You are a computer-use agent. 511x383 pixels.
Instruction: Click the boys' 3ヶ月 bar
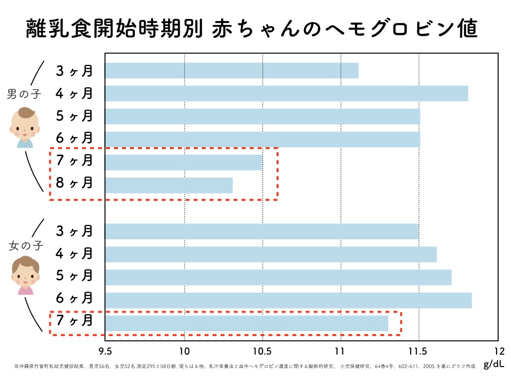(x=232, y=71)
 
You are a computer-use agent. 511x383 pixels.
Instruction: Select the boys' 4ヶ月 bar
(x=286, y=93)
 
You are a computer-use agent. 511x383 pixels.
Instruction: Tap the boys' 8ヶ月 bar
(x=169, y=185)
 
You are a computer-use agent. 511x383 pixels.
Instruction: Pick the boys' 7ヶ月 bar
(x=184, y=162)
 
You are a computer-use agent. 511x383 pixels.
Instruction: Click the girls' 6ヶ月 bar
(x=288, y=300)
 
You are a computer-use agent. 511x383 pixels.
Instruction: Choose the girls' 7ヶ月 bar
(x=247, y=323)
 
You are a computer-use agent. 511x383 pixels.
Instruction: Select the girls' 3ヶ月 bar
(x=261, y=231)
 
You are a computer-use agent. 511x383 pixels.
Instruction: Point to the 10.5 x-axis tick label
(x=262, y=351)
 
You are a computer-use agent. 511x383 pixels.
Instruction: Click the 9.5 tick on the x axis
(x=105, y=351)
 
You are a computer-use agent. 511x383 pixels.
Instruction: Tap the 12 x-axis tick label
(x=498, y=351)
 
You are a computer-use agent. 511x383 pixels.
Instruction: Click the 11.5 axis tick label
(x=419, y=351)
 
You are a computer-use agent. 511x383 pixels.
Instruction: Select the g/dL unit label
(x=494, y=365)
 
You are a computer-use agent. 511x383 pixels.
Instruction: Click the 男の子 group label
(x=24, y=94)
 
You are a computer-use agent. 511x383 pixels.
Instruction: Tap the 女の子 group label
(x=26, y=245)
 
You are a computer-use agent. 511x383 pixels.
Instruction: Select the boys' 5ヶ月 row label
(x=75, y=116)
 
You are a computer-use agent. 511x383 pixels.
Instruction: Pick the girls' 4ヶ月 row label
(x=75, y=254)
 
